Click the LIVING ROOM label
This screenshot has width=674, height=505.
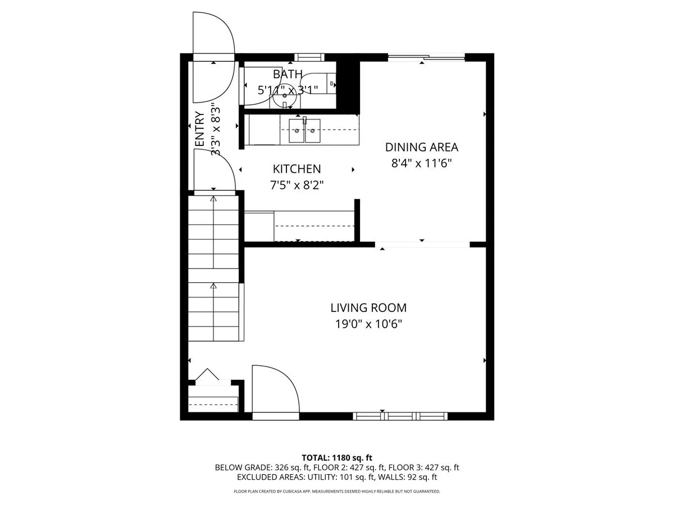tap(368, 307)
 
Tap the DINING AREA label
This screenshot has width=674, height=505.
tap(421, 147)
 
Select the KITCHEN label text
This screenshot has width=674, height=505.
tap(297, 169)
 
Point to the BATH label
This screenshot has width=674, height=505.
tap(288, 74)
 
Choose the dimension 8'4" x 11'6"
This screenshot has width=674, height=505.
tap(421, 163)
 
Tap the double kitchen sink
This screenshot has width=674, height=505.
tap(304, 131)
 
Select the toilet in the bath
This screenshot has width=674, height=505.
tap(324, 83)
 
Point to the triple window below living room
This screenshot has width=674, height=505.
tap(400, 416)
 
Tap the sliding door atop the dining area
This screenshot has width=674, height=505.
tap(427, 56)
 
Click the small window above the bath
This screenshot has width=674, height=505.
tap(309, 57)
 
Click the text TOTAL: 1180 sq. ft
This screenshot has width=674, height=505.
tap(336, 457)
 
